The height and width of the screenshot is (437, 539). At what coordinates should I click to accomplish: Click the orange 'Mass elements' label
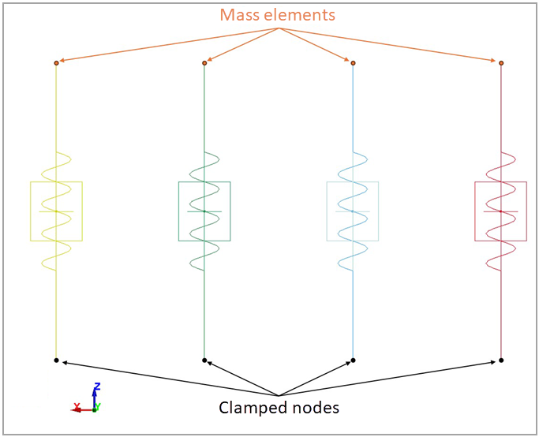[x=277, y=15]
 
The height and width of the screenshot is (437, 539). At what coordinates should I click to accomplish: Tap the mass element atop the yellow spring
[x=56, y=62]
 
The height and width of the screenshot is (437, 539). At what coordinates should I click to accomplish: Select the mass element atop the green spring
[x=204, y=62]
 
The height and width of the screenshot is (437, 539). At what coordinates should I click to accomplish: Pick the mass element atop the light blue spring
[x=353, y=62]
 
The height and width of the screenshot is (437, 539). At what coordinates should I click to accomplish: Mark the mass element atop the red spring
[x=501, y=62]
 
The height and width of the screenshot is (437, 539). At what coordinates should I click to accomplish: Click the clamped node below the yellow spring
[x=56, y=360]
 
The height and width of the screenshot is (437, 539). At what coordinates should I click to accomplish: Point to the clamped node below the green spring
[x=204, y=360]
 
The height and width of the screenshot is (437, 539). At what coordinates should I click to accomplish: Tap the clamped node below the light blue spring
[x=353, y=360]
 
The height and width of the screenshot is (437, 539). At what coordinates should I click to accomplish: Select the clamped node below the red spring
[x=501, y=360]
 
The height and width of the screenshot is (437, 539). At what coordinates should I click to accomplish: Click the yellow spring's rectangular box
[x=56, y=211]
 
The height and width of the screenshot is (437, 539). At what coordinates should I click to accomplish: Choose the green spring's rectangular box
[x=204, y=211]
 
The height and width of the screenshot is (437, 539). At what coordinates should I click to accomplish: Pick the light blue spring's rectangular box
[x=353, y=211]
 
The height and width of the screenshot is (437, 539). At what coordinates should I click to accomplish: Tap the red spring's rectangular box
[x=501, y=211]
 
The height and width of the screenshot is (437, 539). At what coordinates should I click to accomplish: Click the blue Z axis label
[x=95, y=387]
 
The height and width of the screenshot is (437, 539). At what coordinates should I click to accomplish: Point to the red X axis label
[x=77, y=407]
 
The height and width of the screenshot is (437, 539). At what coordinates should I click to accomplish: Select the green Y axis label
[x=98, y=407]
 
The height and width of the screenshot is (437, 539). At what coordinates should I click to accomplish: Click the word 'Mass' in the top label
[x=238, y=15]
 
